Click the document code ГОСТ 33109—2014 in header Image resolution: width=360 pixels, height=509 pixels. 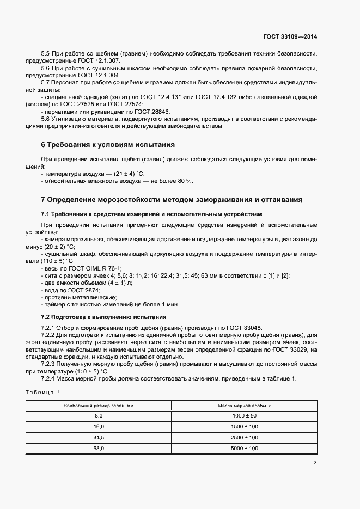click(290, 37)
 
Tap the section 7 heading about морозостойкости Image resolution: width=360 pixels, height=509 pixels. click(172, 199)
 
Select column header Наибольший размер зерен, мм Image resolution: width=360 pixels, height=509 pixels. click(99, 406)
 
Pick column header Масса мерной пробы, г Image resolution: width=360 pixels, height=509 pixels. click(244, 406)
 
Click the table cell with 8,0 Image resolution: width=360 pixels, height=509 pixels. click(99, 415)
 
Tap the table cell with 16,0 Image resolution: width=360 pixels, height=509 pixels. click(99, 426)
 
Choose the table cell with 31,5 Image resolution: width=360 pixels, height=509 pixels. click(99, 437)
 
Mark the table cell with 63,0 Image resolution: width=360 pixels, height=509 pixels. click(99, 448)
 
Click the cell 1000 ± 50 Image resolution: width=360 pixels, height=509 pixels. click(244, 415)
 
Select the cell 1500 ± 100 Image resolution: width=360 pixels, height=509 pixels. click(244, 426)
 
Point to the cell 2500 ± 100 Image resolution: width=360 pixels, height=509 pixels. click(244, 437)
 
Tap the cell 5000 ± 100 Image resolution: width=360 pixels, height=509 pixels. click(244, 448)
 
